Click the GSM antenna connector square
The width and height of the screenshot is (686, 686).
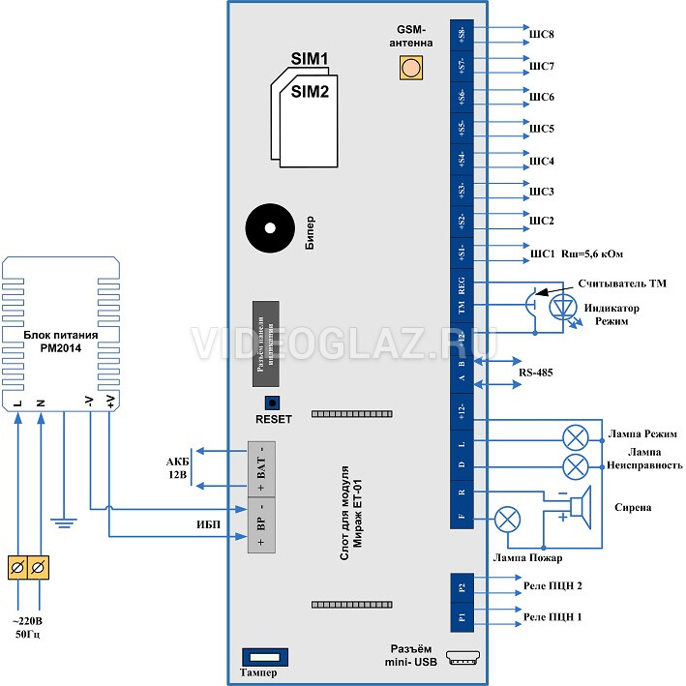pyautogui.click(x=411, y=68)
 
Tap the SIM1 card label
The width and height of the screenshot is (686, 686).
pyautogui.click(x=310, y=59)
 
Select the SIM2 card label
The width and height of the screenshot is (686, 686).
pyautogui.click(x=311, y=92)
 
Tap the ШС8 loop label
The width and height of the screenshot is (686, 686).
pyautogui.click(x=542, y=35)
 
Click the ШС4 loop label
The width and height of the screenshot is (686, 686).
pyautogui.click(x=542, y=160)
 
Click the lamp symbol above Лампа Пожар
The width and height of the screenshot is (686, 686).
pyautogui.click(x=507, y=520)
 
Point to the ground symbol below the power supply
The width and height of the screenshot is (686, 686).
pyautogui.click(x=63, y=523)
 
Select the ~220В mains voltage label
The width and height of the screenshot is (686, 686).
pyautogui.click(x=28, y=620)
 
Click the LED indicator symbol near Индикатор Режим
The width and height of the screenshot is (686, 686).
pyautogui.click(x=563, y=307)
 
